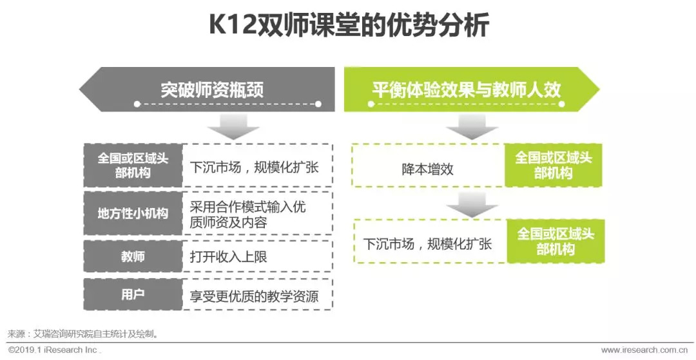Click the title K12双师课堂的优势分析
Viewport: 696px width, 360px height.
pos(349,27)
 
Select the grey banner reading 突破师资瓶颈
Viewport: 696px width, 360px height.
pos(212,89)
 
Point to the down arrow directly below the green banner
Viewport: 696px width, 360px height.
pos(472,127)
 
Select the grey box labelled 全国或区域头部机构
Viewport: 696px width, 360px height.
pos(132,165)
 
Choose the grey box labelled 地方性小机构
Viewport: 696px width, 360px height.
pos(132,213)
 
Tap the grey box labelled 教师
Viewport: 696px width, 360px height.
pos(132,256)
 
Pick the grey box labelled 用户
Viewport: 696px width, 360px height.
pos(132,294)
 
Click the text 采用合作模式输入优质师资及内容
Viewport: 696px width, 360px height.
pos(247,214)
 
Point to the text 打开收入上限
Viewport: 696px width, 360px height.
pos(228,256)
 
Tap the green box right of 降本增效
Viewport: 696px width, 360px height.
pos(553,166)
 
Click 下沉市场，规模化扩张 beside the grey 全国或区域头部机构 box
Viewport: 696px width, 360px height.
pos(254,167)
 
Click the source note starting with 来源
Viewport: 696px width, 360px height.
pos(83,334)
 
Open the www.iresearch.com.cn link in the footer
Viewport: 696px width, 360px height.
pos(647,350)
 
